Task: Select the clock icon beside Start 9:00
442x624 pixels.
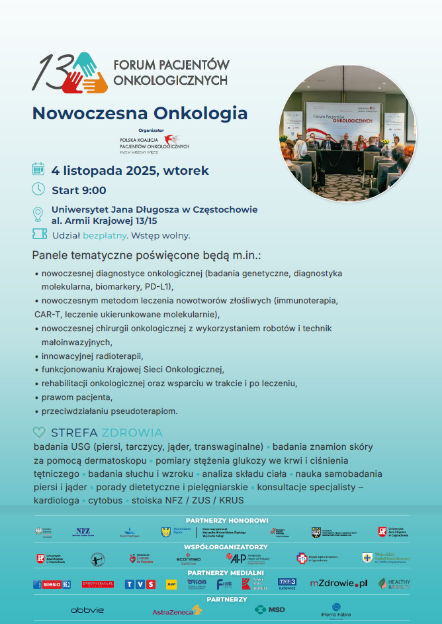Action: (x=38, y=189)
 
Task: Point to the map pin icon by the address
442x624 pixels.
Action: (x=38, y=215)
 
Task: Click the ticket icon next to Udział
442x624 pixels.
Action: (x=39, y=234)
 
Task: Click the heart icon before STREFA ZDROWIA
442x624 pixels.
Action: (x=39, y=433)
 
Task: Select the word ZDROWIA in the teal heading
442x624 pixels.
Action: (x=132, y=433)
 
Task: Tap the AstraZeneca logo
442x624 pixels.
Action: (x=177, y=610)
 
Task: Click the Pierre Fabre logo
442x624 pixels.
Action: (x=336, y=610)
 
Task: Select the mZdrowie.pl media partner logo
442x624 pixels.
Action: (x=338, y=584)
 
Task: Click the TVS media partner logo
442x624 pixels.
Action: (x=140, y=584)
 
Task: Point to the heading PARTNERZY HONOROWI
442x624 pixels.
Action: (x=227, y=521)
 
